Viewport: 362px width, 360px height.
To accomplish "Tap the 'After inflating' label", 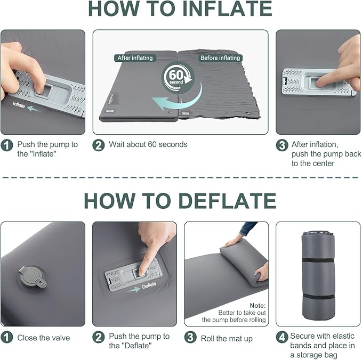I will (134, 58).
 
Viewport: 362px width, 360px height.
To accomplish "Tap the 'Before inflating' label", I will (220, 58).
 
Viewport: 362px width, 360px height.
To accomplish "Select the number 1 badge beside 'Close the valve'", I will (7, 338).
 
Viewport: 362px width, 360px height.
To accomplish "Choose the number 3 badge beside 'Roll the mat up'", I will (190, 338).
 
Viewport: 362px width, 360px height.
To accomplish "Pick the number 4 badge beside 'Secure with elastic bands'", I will (282, 338).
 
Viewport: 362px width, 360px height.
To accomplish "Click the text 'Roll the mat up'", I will (227, 338).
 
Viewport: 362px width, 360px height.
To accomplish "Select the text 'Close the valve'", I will (43, 338).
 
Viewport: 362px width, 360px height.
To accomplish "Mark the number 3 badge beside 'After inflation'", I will (282, 145).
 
